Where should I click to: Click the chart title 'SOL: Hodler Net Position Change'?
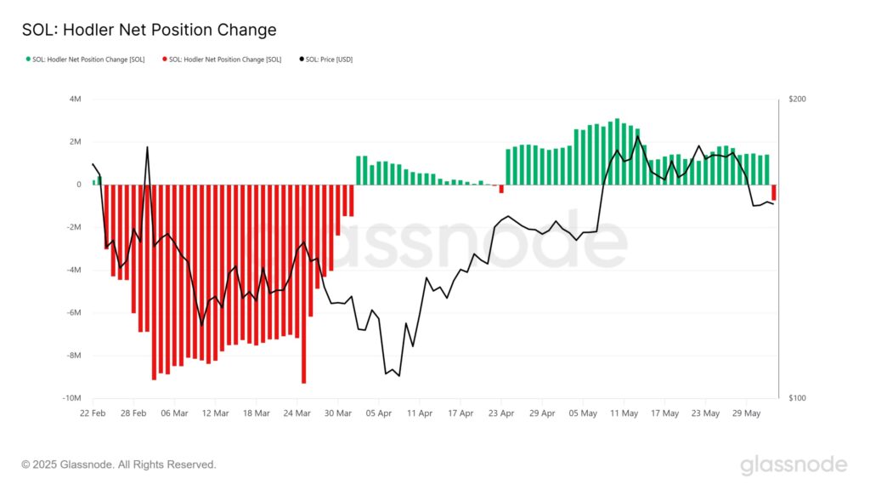[149, 30]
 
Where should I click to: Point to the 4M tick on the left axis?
[75, 100]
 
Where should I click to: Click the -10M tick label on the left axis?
[71, 398]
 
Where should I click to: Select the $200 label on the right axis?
[797, 100]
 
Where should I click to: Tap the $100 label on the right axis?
[797, 398]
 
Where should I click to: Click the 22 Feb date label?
[92, 413]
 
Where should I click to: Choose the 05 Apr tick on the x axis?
[378, 413]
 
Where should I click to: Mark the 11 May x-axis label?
[624, 413]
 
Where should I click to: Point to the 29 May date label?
[748, 413]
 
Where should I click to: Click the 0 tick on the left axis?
[78, 185]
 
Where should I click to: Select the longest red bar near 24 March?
[303, 285]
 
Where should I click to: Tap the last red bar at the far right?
[774, 192]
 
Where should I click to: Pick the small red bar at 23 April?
[501, 189]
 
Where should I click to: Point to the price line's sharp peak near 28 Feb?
[147, 148]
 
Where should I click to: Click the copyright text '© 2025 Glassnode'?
[119, 464]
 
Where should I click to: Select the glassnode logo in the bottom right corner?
[794, 464]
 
